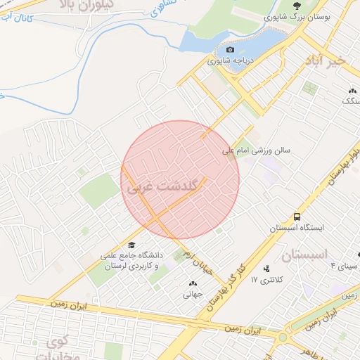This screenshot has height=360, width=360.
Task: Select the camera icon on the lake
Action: (230, 51)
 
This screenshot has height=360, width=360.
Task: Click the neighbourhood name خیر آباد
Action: (326, 61)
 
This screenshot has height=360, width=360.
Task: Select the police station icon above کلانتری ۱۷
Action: (266, 269)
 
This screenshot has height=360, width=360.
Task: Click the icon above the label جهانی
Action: (193, 283)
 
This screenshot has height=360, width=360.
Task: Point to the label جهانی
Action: (193, 295)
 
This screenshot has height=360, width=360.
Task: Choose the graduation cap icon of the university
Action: (131, 244)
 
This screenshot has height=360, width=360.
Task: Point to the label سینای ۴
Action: (344, 267)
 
